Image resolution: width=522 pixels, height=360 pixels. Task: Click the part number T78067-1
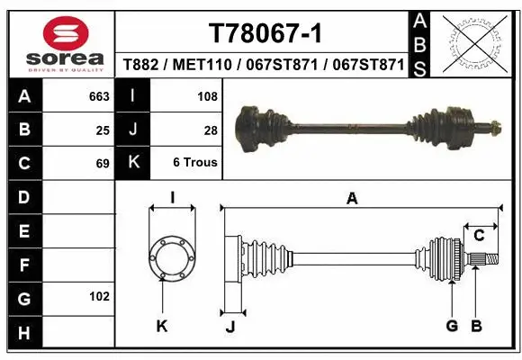(265, 33)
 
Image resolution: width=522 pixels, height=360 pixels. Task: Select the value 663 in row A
(99, 95)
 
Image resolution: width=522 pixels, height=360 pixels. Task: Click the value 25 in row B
(103, 130)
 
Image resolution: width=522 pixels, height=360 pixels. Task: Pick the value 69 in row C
(103, 164)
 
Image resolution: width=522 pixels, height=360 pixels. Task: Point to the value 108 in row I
(206, 95)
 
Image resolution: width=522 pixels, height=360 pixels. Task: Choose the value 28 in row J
(211, 130)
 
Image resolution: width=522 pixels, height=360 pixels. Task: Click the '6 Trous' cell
(195, 164)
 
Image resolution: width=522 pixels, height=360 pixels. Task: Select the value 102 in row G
(99, 296)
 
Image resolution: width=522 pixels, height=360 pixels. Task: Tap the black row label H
(24, 333)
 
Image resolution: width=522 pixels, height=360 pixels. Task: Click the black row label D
(24, 197)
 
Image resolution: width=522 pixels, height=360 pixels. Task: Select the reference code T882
(141, 65)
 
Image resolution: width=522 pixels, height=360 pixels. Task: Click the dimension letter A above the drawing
(352, 198)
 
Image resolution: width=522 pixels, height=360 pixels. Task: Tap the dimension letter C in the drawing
(480, 236)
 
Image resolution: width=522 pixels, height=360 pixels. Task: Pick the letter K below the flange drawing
(162, 326)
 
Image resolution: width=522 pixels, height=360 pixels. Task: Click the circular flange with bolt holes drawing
(171, 255)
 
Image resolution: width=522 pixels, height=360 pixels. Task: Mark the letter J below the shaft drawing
(229, 326)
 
